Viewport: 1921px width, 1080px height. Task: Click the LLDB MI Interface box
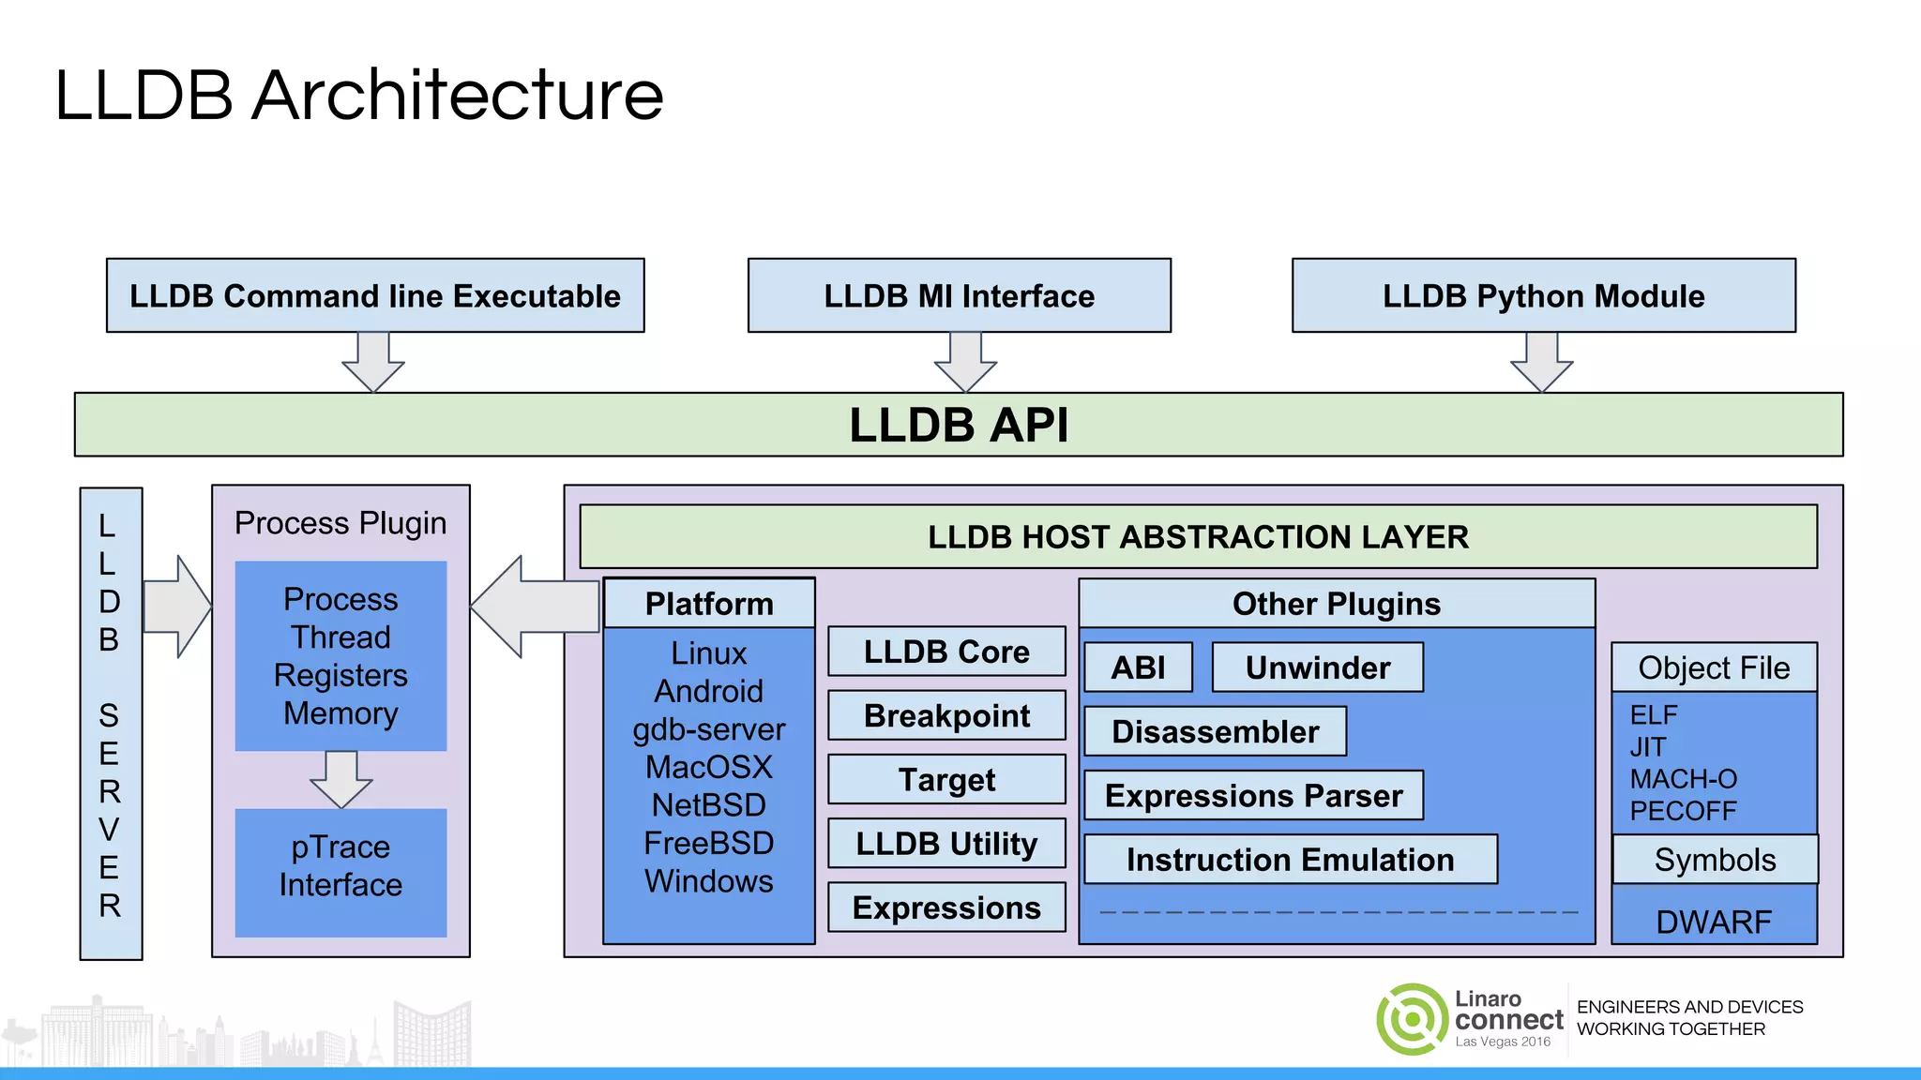tap(959, 295)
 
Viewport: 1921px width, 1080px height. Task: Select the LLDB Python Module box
tap(1543, 295)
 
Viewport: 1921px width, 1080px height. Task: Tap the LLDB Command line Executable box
tap(375, 295)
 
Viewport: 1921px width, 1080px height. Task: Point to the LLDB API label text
tap(958, 425)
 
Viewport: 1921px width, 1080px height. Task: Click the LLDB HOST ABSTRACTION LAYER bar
tap(1198, 536)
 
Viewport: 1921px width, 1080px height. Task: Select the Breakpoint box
tap(946, 715)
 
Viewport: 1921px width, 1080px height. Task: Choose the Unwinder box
tap(1317, 667)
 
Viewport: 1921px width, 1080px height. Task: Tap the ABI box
tap(1138, 667)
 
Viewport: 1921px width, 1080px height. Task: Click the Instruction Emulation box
tap(1290, 860)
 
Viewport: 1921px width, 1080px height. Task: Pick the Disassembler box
tap(1215, 731)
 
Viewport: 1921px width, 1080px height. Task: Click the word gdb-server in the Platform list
tap(709, 729)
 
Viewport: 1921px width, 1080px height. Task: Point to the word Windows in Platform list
tap(709, 881)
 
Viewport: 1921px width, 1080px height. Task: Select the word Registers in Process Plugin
tap(340, 675)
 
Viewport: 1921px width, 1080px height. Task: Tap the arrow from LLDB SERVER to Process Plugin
tap(178, 607)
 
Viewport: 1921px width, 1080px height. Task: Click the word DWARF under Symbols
tap(1714, 922)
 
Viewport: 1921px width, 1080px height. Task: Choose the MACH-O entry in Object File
tap(1683, 779)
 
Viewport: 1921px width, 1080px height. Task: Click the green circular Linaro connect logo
tap(1412, 1019)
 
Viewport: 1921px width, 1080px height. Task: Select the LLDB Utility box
tap(946, 843)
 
